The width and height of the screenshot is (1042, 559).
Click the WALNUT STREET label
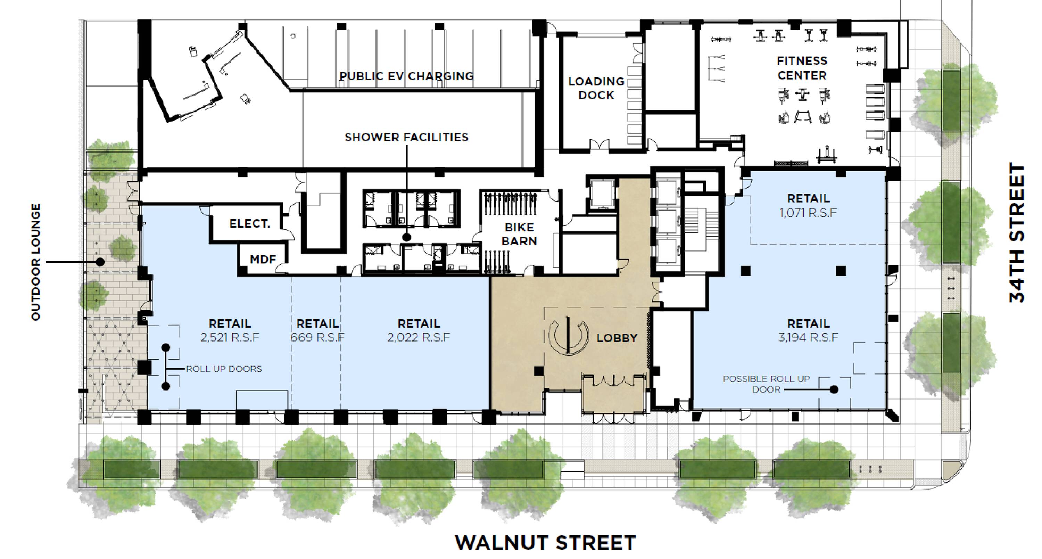[x=545, y=543]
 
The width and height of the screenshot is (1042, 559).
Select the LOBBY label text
[x=617, y=338]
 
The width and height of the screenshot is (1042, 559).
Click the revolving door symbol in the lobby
[x=568, y=335]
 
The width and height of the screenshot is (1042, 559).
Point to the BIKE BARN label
[x=519, y=234]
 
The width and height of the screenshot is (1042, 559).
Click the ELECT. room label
[x=250, y=224]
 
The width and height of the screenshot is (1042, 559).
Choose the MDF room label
[x=263, y=259]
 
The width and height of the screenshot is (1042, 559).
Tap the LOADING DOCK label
[x=596, y=88]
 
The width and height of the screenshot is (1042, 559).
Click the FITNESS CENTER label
[x=802, y=68]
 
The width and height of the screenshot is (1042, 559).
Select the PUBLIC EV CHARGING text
[x=406, y=76]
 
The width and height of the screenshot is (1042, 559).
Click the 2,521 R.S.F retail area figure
[x=230, y=337]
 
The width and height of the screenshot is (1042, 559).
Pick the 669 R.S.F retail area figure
[x=317, y=337]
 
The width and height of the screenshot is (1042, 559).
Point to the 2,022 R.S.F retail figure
[x=419, y=337]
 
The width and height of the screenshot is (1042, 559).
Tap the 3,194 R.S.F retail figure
[x=808, y=337]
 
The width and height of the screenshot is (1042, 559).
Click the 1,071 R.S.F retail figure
[x=808, y=213]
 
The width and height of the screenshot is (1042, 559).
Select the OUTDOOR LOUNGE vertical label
[x=36, y=262]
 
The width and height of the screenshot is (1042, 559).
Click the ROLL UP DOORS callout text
[x=224, y=369]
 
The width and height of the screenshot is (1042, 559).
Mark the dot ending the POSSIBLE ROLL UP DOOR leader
[x=834, y=389]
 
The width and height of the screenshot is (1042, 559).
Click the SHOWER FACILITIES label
[x=406, y=138]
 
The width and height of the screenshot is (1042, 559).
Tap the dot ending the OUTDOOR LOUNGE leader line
[x=100, y=262]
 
